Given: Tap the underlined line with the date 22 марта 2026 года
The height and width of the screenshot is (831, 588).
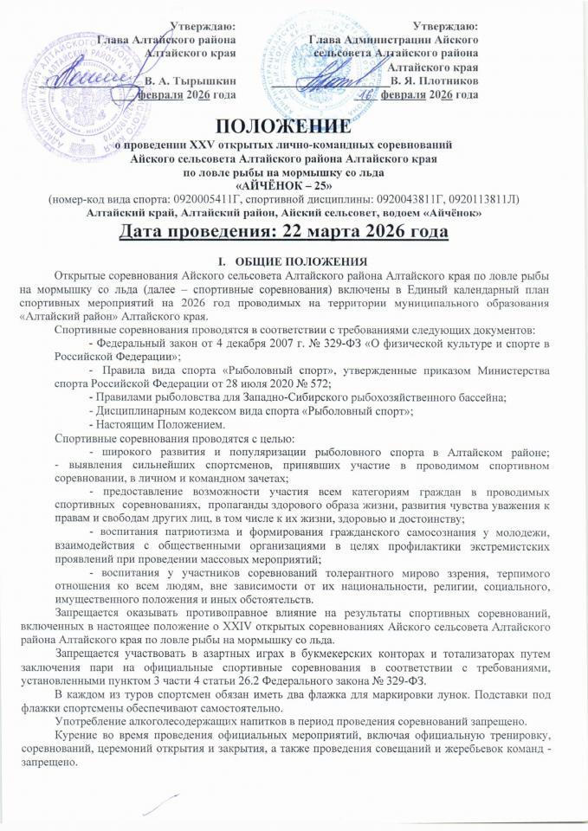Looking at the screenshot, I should click(294, 233).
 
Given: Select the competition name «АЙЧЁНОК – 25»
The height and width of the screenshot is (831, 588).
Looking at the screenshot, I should click(294, 185).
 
